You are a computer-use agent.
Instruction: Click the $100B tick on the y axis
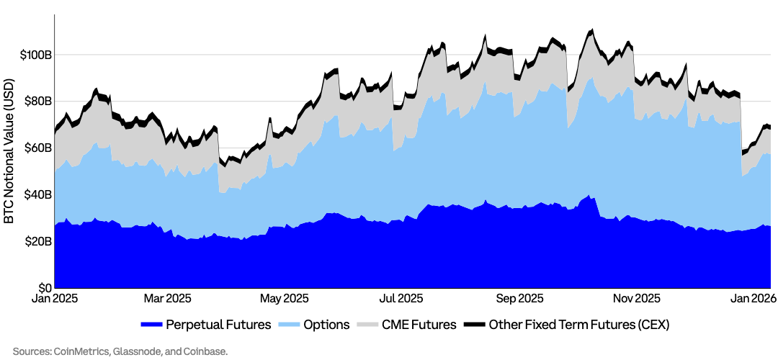point(35,55)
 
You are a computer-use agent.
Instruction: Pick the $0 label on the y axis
point(45,287)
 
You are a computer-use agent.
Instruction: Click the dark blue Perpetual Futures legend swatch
point(152,325)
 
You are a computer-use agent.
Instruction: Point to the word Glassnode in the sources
point(144,351)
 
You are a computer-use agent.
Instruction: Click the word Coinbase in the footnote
point(206,351)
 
